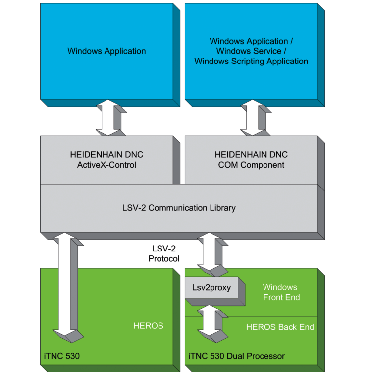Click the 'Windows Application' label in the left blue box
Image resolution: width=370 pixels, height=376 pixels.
[x=106, y=51]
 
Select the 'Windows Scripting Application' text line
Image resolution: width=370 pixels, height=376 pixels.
[x=251, y=62]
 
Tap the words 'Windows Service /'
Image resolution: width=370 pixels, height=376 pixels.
[x=251, y=51]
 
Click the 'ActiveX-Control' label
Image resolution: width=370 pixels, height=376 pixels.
[x=106, y=165]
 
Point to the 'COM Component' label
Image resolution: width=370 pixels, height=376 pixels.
[x=251, y=165]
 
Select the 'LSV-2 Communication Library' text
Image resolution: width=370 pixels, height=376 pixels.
[x=179, y=208]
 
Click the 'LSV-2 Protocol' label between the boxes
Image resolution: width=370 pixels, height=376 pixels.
[x=164, y=253]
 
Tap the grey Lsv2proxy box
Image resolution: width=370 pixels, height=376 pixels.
[x=211, y=288]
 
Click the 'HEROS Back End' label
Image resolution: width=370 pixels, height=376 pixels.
[x=280, y=327]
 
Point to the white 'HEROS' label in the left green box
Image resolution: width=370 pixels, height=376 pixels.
[x=148, y=326]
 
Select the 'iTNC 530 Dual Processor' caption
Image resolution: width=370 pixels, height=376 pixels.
[x=237, y=356]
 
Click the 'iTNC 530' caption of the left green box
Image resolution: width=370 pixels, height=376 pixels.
[x=61, y=356]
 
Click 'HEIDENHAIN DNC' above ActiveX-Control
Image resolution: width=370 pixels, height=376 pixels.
[x=106, y=154]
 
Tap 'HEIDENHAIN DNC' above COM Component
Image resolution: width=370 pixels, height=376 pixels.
[x=251, y=154]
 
